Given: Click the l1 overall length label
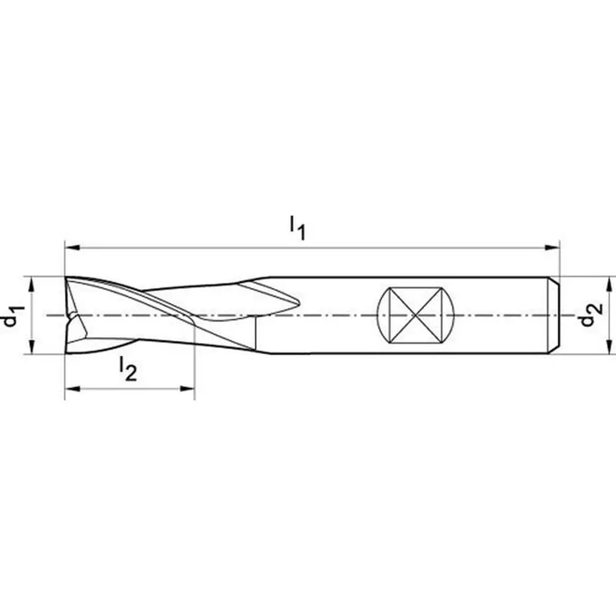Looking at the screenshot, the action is tap(298, 229).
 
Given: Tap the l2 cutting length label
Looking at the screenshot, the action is tap(128, 370).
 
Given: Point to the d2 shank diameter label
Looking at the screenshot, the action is tap(591, 314).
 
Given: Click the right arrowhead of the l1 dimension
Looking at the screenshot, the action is tap(551, 248).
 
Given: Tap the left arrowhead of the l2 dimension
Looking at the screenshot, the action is tap(73, 389).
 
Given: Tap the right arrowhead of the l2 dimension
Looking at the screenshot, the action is tap(187, 389).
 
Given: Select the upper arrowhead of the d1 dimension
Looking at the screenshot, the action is tap(32, 285).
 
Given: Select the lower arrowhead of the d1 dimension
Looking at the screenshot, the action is tap(32, 346).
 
